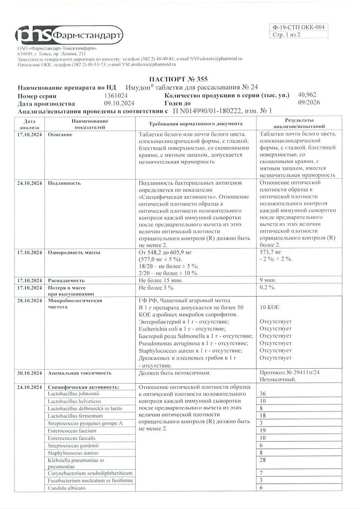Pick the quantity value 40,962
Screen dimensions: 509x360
308,94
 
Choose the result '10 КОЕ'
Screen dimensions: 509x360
271,308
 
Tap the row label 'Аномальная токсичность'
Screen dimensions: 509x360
80,372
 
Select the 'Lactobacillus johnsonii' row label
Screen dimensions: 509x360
75,394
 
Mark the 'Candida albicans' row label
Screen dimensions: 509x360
67,488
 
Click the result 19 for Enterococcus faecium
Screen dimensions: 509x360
264,430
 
